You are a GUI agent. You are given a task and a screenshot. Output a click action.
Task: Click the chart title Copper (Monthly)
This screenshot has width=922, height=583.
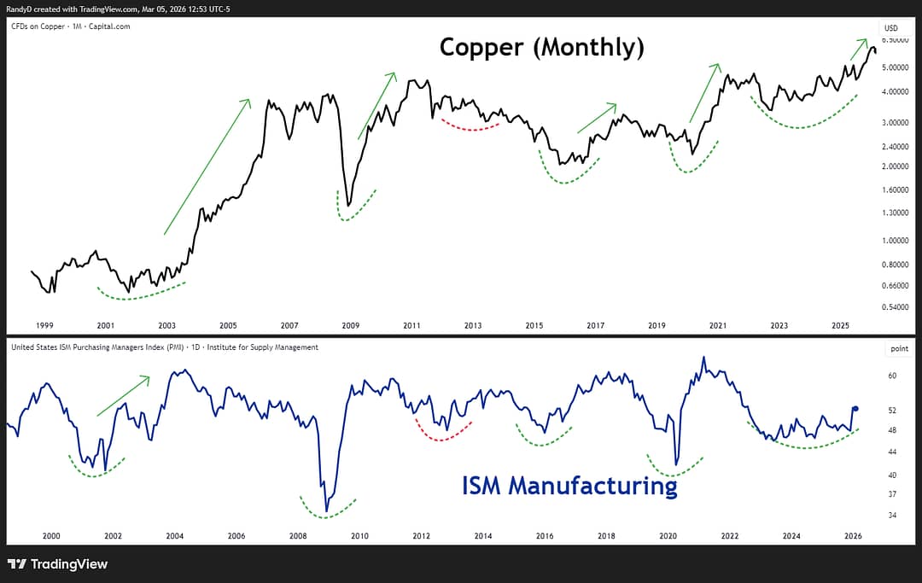pos(541,48)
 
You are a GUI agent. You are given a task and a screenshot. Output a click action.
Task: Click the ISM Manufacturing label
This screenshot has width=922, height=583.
pos(569,486)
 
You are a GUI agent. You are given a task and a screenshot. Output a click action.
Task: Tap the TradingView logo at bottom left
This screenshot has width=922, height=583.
pos(57,564)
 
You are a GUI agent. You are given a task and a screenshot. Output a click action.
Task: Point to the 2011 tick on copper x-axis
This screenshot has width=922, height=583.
pos(411,325)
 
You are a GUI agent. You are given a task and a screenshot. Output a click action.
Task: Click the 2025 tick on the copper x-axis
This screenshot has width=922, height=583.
pos(841,325)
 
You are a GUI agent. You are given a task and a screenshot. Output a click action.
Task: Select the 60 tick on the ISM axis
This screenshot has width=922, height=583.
pos(891,376)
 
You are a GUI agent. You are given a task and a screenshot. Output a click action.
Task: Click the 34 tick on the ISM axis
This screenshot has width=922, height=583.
pos(891,516)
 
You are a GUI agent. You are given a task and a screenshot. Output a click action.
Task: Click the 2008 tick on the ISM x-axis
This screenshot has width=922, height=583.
pos(298,536)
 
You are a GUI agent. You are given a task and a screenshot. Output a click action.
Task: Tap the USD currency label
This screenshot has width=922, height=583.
pos(891,27)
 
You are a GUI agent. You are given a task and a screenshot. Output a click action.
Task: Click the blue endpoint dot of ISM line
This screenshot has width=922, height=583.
pos(855,409)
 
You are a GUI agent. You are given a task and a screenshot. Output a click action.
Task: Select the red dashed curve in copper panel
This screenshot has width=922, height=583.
pos(465,126)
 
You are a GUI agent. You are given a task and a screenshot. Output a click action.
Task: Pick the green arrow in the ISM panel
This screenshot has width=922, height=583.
pos(124,396)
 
